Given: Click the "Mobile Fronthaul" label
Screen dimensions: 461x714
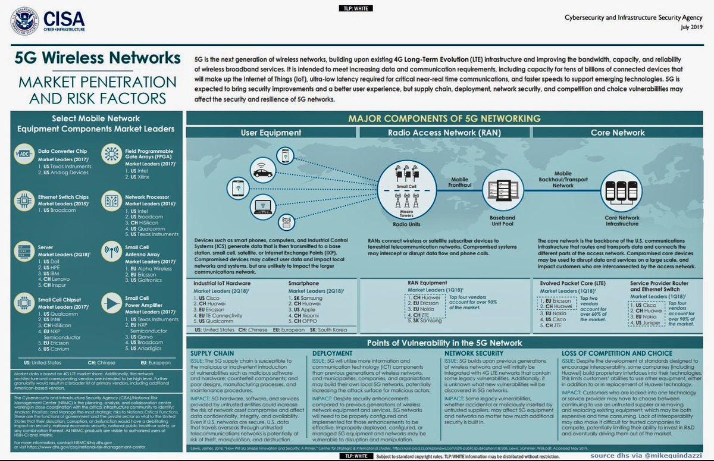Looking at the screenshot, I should tap(459, 182).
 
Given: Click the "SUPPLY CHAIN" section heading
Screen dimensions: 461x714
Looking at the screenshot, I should tap(211, 352).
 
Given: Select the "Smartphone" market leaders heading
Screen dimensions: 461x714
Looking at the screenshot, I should tap(304, 284).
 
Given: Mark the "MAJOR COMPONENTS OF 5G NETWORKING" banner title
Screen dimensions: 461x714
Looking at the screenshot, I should tap(444, 118).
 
